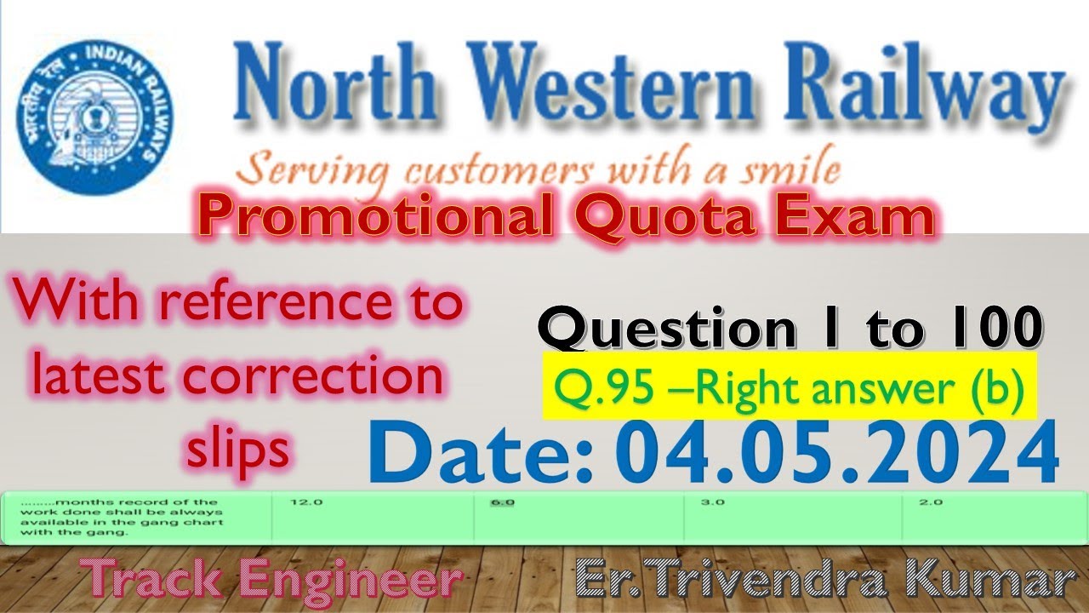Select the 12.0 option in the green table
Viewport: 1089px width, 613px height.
(306, 502)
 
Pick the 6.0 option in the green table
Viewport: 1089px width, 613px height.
(503, 502)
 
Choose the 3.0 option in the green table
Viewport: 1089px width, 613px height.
(713, 502)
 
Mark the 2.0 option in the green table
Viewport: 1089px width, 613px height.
(931, 502)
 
